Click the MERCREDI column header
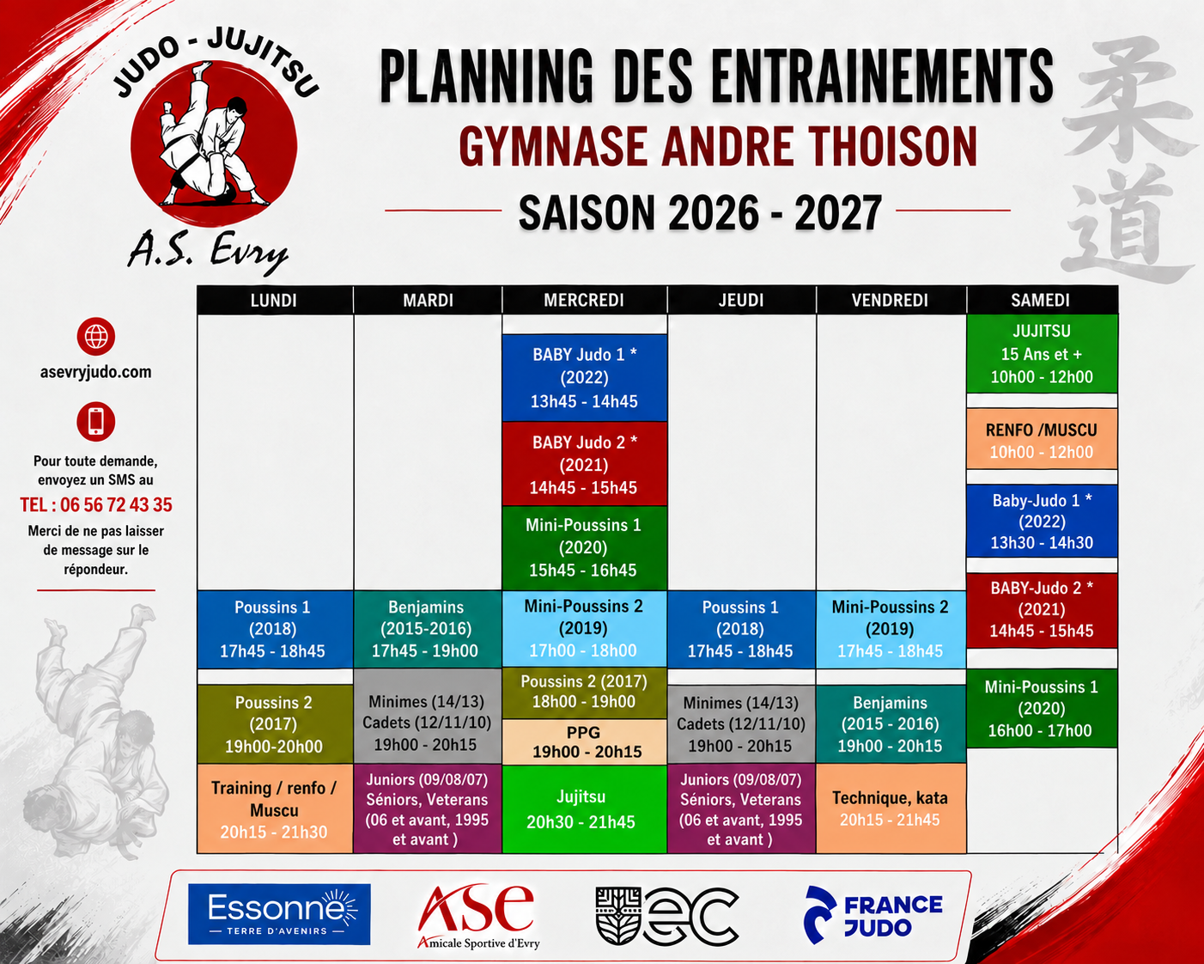click(x=584, y=300)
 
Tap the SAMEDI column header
click(x=1042, y=300)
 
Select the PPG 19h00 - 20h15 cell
click(x=584, y=741)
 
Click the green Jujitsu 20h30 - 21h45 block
click(x=584, y=809)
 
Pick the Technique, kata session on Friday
click(x=891, y=808)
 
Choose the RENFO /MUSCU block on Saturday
click(x=1042, y=439)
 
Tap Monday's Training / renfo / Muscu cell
click(x=274, y=809)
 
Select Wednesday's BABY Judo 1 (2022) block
click(x=584, y=378)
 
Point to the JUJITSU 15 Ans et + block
click(x=1042, y=354)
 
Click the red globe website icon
click(x=95, y=337)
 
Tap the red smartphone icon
click(x=95, y=422)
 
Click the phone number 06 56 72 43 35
click(x=116, y=505)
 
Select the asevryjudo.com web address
click(x=95, y=372)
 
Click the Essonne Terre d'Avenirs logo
click(x=278, y=914)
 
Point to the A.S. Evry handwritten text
click(x=208, y=253)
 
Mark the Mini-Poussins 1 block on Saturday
click(x=1042, y=709)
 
